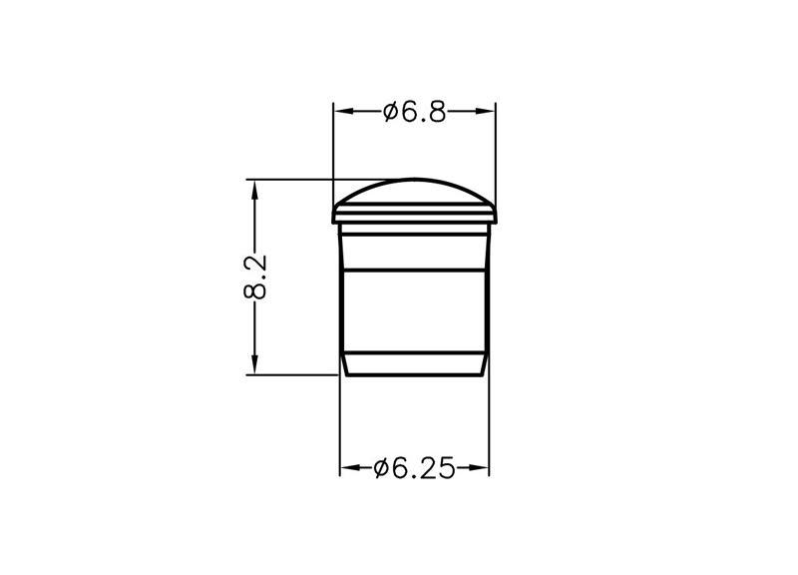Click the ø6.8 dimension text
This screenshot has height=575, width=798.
click(x=414, y=112)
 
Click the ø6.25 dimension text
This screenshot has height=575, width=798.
click(x=413, y=468)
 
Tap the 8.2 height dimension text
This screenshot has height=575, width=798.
click(x=255, y=278)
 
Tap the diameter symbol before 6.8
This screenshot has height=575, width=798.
click(x=390, y=112)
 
